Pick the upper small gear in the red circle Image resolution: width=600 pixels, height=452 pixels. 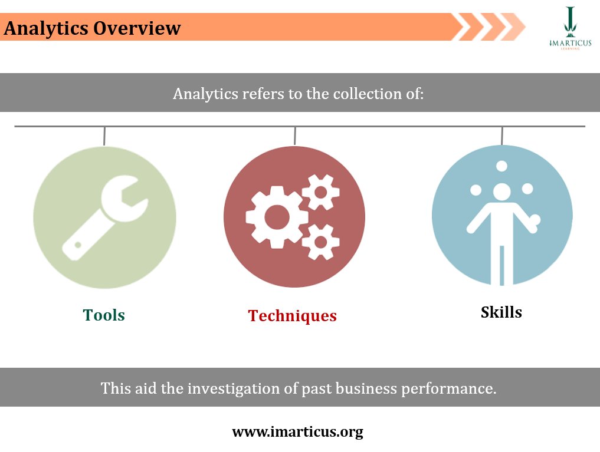[320, 192]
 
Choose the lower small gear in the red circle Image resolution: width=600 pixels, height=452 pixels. [320, 242]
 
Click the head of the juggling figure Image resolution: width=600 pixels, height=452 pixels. [502, 192]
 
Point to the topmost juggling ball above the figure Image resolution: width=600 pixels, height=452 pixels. [502, 166]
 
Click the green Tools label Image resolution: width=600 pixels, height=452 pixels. [104, 315]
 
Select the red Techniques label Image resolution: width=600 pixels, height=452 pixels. [293, 316]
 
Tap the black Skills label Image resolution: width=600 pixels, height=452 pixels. [501, 312]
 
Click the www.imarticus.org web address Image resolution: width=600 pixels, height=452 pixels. [297, 432]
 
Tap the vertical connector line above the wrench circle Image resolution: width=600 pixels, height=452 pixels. [104, 136]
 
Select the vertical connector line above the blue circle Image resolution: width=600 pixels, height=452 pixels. [502, 136]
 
